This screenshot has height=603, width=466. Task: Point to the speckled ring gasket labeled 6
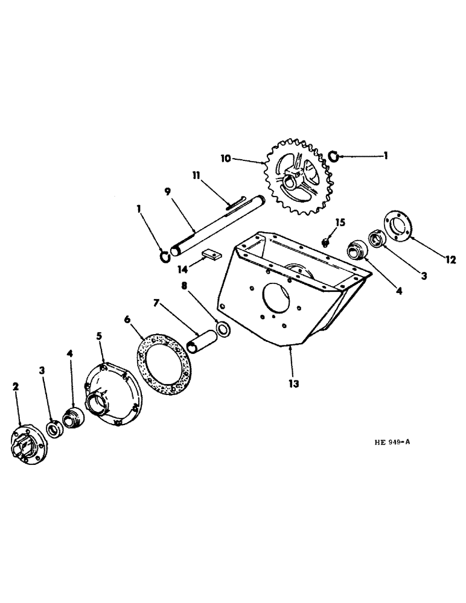(164, 359)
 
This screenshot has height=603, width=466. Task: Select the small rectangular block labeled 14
(209, 254)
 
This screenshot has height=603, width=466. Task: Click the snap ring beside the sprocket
(333, 158)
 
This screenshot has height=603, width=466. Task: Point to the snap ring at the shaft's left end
(164, 257)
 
